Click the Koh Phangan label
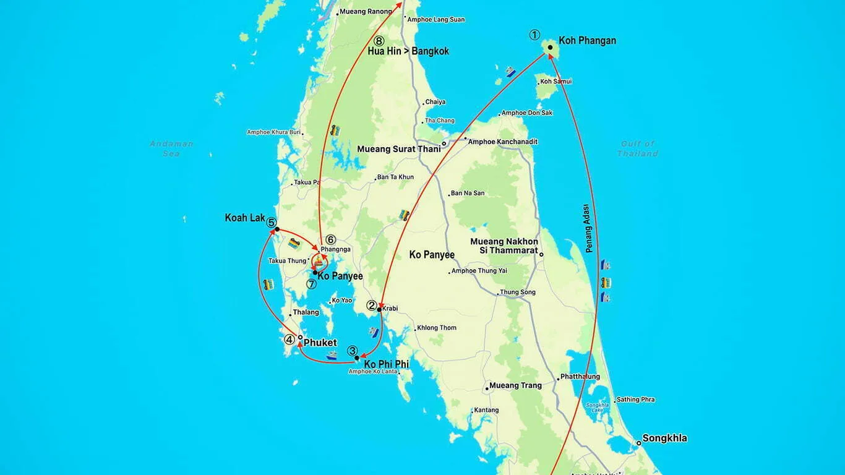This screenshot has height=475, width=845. coord(587,41)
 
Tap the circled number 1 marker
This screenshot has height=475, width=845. coord(534,35)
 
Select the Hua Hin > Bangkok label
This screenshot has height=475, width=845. coord(408,51)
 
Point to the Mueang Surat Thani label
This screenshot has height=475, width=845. coord(399,149)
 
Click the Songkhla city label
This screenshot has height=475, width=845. coord(664,439)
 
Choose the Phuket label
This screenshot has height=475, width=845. coord(320,343)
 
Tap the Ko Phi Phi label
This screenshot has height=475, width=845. coord(386,364)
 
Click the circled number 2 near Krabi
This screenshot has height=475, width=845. coord(372,305)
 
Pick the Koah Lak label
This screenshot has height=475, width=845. coord(245,218)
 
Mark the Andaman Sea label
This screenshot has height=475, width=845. coord(171,148)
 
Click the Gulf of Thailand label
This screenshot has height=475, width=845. coord(637,148)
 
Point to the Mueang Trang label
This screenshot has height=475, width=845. coord(515,385)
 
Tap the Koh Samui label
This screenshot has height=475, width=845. coord(555,82)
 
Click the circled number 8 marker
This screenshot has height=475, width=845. coord(379,41)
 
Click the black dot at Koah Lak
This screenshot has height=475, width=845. coord(277,229)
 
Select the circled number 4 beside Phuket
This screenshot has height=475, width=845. coord(289,339)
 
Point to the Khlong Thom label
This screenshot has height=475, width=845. coord(436,328)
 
